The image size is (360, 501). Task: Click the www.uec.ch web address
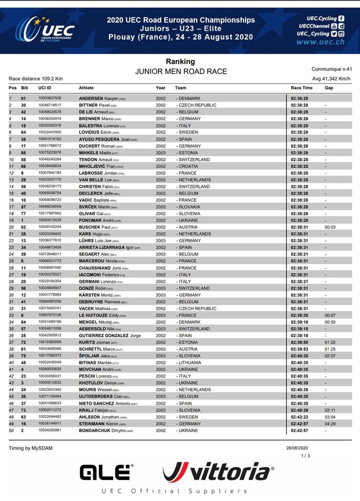320,42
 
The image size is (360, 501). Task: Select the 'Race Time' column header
301,88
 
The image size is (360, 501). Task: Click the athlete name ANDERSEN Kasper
102,98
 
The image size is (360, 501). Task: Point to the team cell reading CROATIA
188,166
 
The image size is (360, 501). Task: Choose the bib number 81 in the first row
23,98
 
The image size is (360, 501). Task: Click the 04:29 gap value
330,424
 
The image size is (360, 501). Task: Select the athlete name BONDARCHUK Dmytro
106,431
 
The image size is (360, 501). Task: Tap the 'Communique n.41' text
332,69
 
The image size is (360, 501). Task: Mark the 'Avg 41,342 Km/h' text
331,79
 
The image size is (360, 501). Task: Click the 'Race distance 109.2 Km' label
36,79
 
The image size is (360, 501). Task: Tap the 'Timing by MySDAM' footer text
30,448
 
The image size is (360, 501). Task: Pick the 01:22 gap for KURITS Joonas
330,342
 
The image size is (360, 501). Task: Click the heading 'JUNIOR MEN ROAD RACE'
181,71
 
